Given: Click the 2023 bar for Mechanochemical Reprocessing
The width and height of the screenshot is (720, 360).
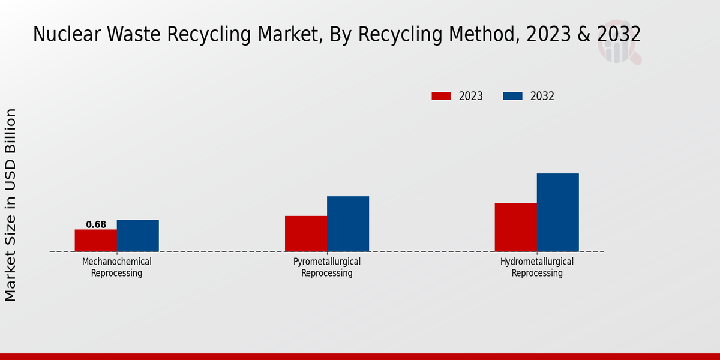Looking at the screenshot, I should click(96, 241).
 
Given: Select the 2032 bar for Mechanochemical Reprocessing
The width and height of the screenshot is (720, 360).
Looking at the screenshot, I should click(138, 236).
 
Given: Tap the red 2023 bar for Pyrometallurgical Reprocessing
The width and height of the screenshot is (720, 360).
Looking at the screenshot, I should click(306, 233).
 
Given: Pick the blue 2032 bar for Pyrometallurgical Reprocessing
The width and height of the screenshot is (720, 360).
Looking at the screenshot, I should click(348, 224).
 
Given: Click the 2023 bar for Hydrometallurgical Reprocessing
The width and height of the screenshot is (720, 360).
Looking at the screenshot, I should click(516, 227).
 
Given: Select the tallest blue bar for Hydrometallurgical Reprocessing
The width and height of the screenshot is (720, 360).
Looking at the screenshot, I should click(558, 212).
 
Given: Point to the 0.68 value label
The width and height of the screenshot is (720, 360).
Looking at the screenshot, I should click(96, 225).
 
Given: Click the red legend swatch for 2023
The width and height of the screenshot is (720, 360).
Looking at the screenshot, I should click(441, 96).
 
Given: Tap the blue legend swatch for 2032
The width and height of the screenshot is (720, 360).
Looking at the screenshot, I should click(512, 96).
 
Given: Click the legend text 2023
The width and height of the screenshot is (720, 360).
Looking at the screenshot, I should click(471, 96).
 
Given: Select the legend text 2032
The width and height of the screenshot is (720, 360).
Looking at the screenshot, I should click(542, 96).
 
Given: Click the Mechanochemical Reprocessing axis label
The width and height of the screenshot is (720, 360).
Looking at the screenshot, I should click(117, 268).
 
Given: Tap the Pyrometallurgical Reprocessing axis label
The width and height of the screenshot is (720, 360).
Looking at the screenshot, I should click(327, 268).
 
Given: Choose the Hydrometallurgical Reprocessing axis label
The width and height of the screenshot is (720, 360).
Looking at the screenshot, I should click(537, 268).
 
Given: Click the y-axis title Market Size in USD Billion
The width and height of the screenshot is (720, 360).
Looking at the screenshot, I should click(11, 205).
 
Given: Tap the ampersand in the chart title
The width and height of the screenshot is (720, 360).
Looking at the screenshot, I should click(584, 34).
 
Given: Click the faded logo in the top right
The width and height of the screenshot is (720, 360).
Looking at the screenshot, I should click(619, 43).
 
